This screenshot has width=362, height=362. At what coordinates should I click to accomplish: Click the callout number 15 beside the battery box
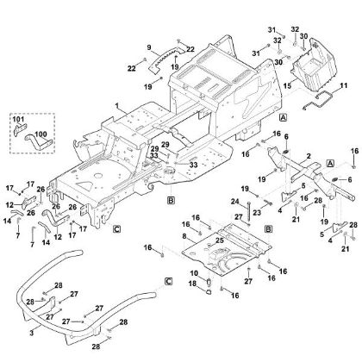(x=288, y=86)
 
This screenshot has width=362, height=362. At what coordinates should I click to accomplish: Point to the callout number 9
(x=149, y=47)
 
